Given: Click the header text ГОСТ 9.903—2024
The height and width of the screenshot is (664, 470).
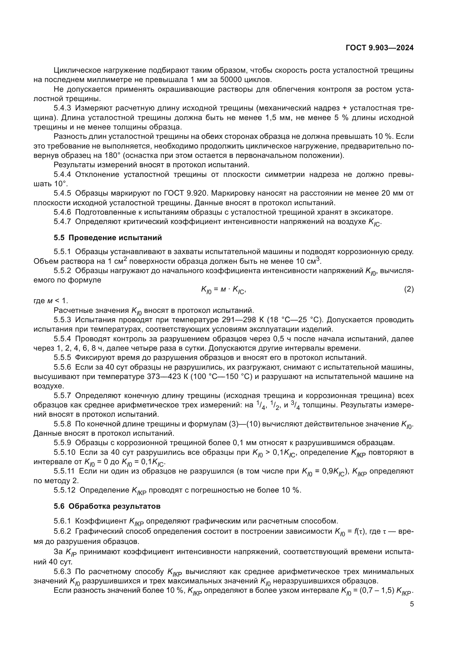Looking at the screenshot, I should [x=379, y=48].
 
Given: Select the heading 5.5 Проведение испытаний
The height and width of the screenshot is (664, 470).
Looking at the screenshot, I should [x=108, y=238].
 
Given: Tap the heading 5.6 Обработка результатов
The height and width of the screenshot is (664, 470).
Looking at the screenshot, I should [x=107, y=506].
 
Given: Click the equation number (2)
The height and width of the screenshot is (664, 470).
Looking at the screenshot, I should [x=409, y=289].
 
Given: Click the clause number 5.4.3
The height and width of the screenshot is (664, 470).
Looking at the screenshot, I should [x=62, y=108].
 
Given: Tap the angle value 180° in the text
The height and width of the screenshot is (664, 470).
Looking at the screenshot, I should [x=111, y=156].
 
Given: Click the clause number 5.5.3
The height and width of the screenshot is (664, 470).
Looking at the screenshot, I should [x=62, y=320].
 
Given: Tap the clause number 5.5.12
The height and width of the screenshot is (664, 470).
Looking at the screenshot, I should [x=64, y=490].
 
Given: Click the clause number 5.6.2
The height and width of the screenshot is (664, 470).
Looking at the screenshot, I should [x=62, y=531].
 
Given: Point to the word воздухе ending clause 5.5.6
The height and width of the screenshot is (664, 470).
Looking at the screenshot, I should [x=47, y=386].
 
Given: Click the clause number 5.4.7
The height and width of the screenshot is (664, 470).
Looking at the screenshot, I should [x=62, y=221].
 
